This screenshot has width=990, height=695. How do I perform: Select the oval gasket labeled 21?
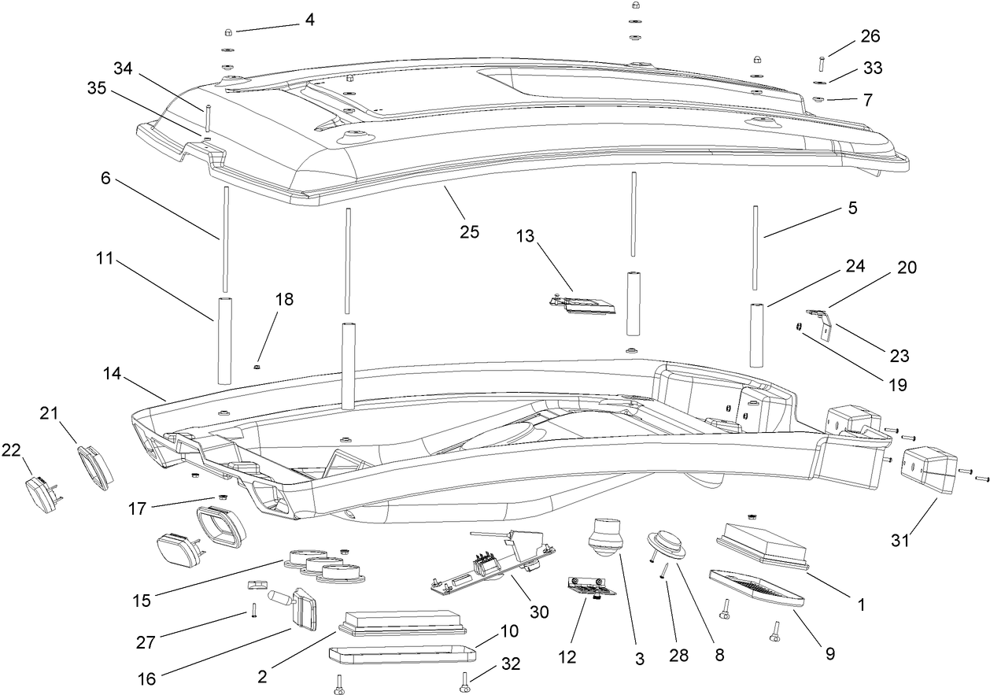point(95,465)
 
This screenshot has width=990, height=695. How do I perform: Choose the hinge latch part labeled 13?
point(583,303)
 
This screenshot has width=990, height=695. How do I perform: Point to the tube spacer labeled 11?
point(223,339)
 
